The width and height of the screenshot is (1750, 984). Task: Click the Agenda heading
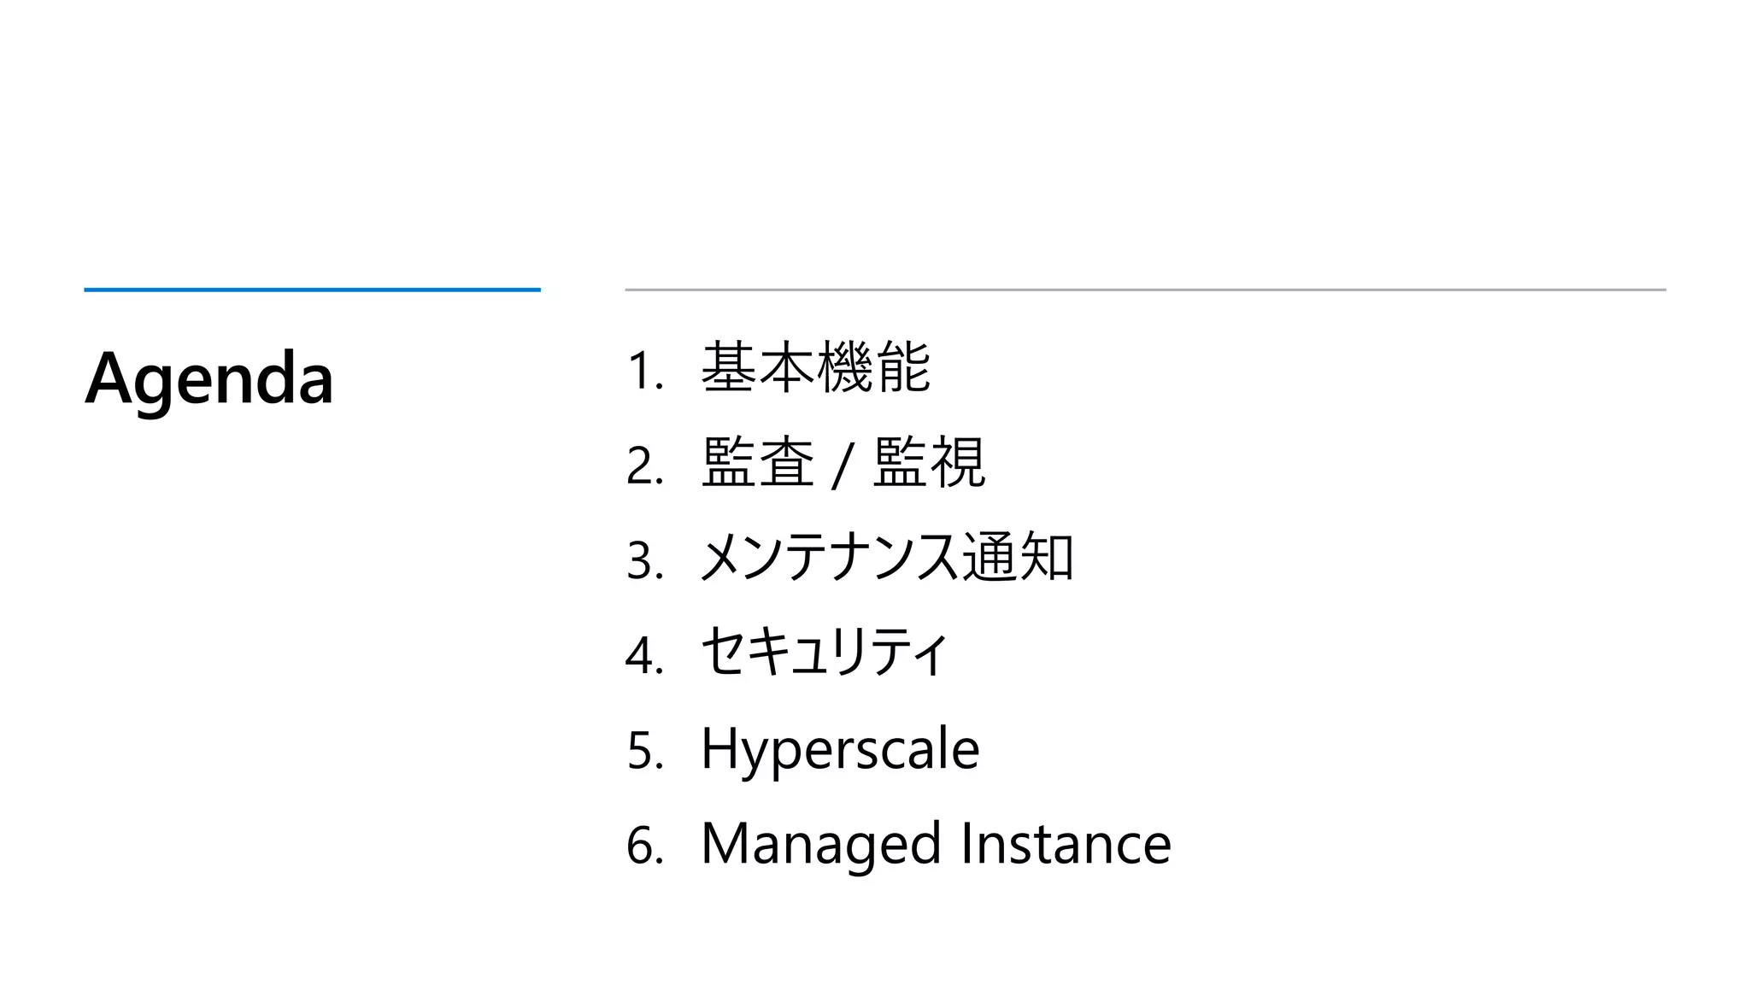tap(209, 378)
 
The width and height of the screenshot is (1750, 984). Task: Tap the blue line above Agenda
tap(312, 290)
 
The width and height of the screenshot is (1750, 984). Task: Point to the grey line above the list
tap(1145, 290)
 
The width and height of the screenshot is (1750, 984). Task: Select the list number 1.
tap(643, 372)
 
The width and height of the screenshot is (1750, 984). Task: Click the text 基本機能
tap(815, 368)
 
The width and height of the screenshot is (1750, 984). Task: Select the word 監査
tap(757, 463)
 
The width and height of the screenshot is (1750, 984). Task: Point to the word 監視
tap(930, 463)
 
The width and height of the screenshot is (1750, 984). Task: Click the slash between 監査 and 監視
tap(843, 466)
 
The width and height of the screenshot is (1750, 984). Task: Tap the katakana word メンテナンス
tap(829, 558)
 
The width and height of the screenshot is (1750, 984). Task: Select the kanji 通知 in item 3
tap(1017, 558)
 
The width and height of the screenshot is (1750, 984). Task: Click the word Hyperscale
tap(840, 749)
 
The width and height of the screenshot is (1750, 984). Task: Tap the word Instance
tap(1066, 844)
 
